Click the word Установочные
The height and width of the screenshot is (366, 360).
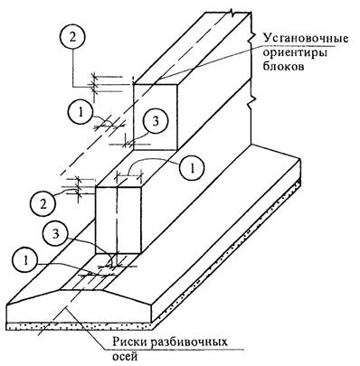(306, 39)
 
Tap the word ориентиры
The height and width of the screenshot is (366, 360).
(296, 53)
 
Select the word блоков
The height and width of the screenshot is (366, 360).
(283, 67)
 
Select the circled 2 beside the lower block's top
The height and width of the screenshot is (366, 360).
(43, 205)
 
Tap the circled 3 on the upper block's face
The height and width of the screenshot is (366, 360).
(155, 121)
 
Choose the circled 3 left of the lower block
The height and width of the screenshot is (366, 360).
(55, 234)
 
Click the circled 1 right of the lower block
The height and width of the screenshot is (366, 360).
(192, 168)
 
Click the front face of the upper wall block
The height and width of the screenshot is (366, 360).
(155, 117)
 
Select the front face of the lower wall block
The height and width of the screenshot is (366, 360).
(118, 220)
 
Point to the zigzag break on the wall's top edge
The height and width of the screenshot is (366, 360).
(232, 13)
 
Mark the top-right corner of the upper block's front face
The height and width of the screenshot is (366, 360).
(177, 84)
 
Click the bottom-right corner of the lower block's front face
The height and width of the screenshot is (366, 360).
(141, 253)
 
